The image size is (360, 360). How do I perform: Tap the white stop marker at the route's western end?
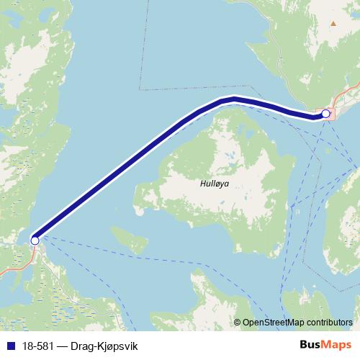[x=35, y=240]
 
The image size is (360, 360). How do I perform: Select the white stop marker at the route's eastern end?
[x=325, y=114]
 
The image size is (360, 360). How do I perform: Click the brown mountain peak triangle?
[x=333, y=24]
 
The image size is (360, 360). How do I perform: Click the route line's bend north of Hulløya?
[x=234, y=99]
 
